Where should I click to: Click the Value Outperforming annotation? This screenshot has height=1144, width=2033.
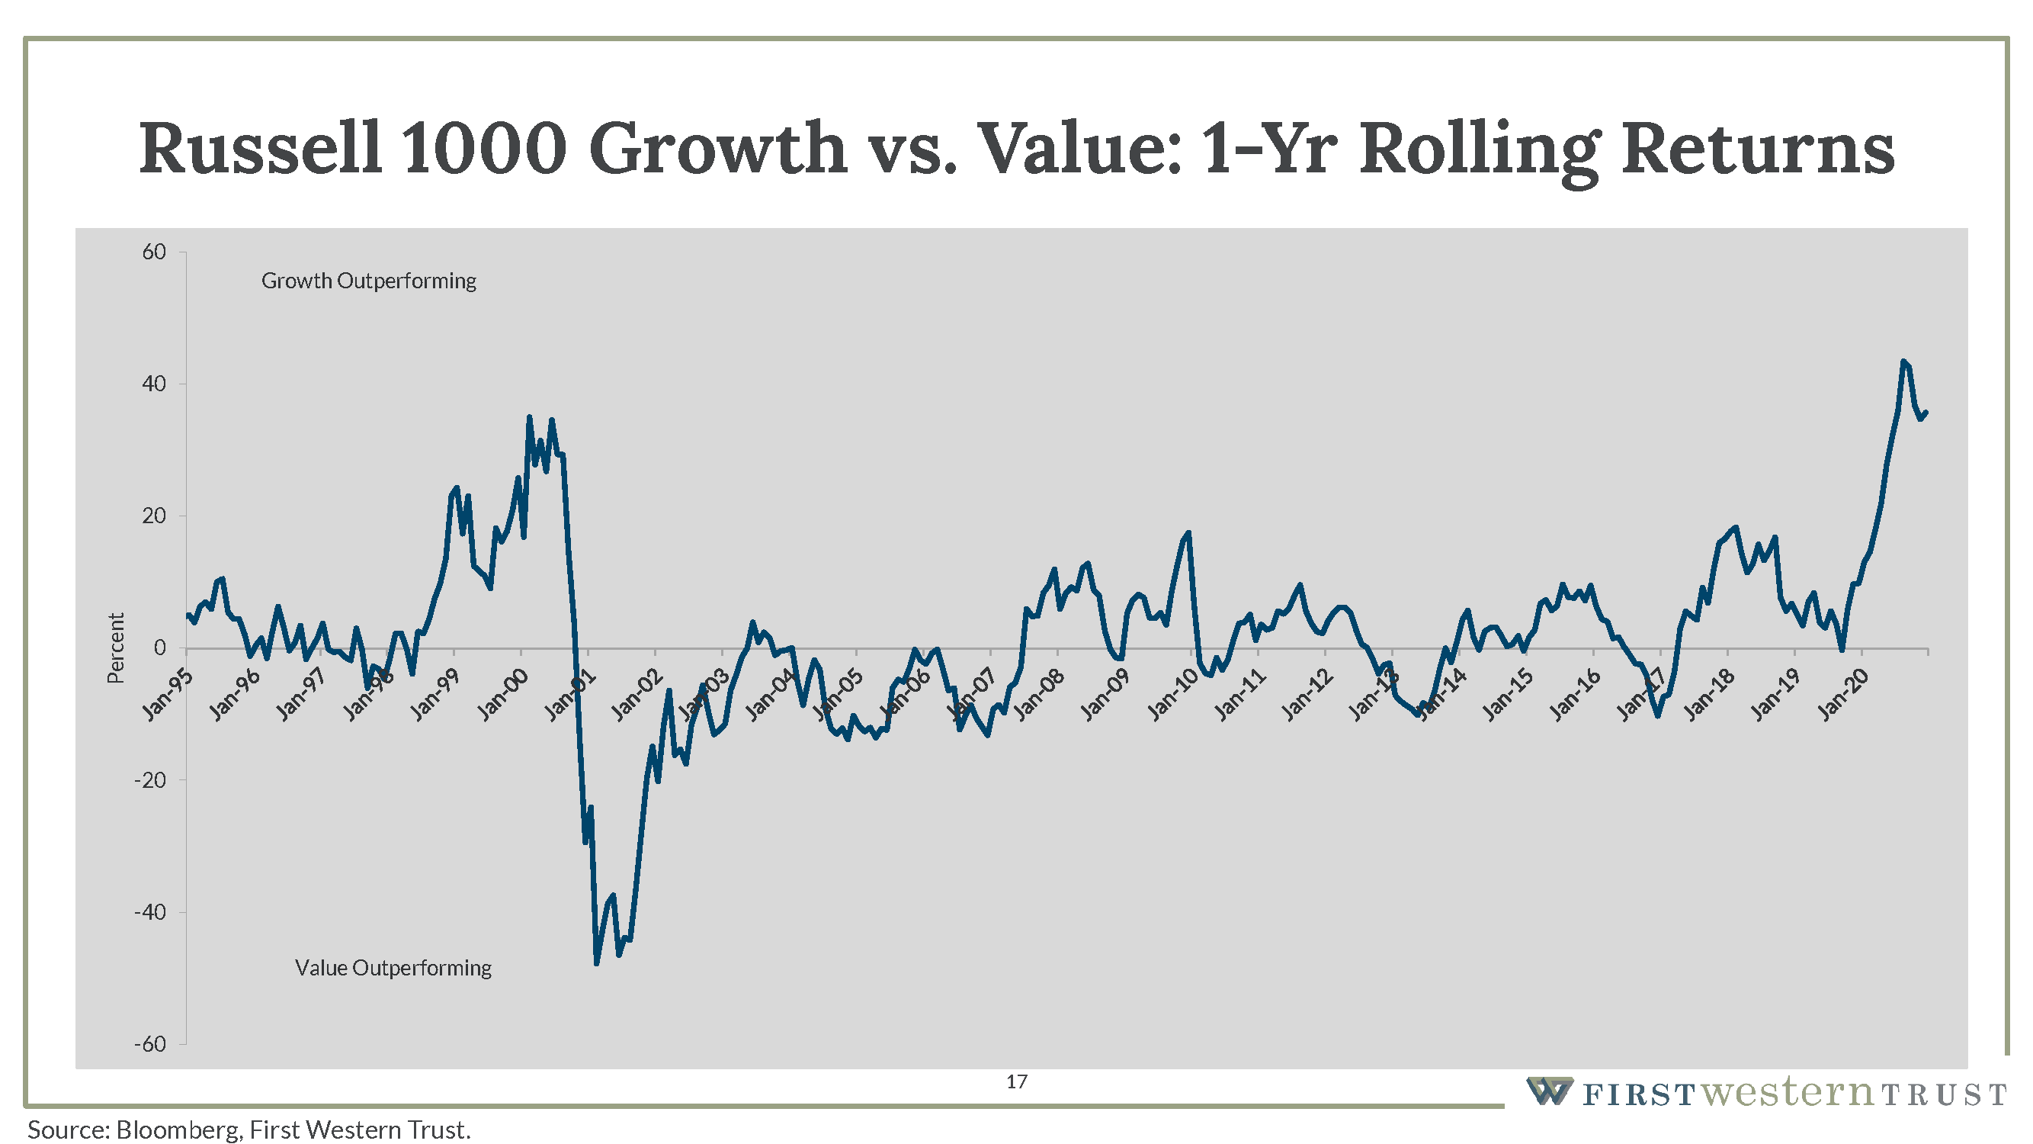(393, 967)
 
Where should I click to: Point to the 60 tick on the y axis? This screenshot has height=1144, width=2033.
(154, 252)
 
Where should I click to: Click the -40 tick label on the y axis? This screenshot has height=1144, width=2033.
(150, 912)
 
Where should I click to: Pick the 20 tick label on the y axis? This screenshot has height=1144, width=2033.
(154, 516)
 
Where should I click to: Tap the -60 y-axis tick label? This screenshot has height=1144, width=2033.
(150, 1044)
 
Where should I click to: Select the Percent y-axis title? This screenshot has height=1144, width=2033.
(116, 648)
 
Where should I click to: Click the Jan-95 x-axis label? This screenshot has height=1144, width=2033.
(167, 694)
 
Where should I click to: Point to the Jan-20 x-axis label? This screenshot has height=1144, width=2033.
(1844, 694)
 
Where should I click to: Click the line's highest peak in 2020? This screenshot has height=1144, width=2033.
(1903, 361)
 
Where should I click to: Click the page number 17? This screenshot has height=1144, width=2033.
(1017, 1081)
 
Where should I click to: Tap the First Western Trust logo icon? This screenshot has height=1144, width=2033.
(1548, 1091)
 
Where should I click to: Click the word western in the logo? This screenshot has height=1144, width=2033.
(1786, 1093)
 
